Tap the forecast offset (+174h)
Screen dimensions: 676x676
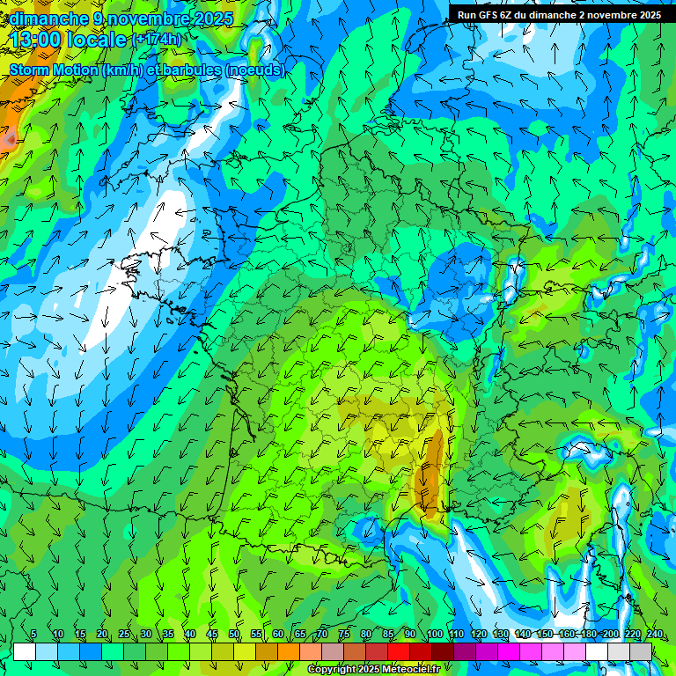pos(156,40)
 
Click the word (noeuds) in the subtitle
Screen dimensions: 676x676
pos(255,70)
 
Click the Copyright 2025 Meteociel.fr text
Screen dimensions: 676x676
pos(372,670)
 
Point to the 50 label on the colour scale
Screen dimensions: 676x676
pos(234,635)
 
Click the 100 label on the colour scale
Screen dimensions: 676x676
pos(434,635)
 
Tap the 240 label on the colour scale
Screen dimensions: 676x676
pos(655,635)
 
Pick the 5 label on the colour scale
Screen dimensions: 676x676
pos(33,635)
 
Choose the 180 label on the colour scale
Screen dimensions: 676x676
pos(588,635)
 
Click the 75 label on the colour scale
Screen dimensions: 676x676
pos(344,635)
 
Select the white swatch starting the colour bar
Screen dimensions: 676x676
pos(25,651)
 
